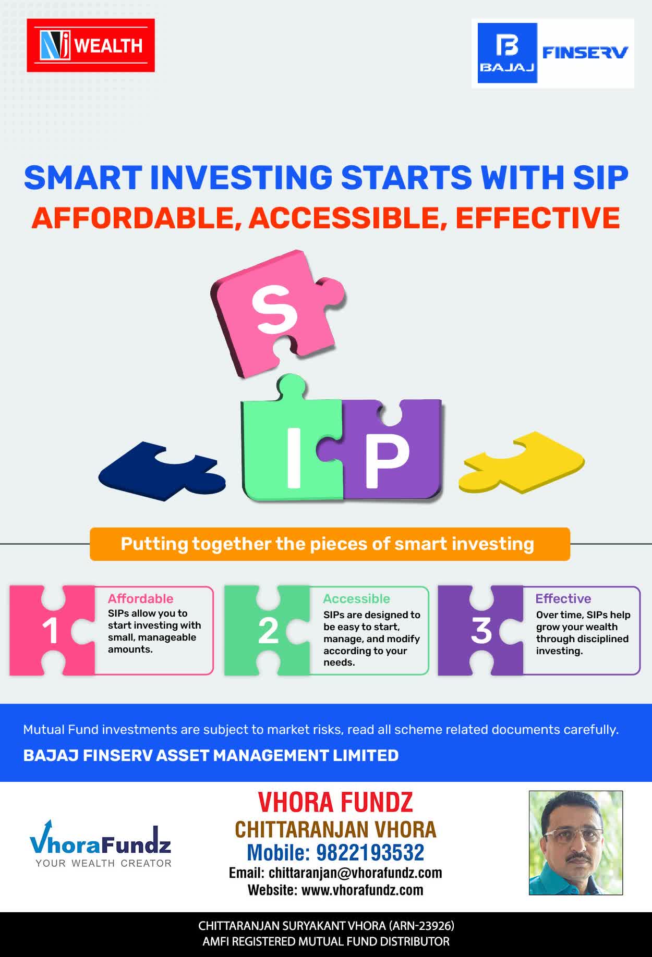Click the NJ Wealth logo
(x=91, y=45)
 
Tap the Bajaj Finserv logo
(x=553, y=53)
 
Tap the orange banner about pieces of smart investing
(x=330, y=544)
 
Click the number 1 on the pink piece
(x=50, y=631)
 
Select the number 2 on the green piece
(x=268, y=631)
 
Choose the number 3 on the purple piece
(x=481, y=631)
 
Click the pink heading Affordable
(x=140, y=598)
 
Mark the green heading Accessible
(x=356, y=598)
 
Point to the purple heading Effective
(x=563, y=598)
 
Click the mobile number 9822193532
(x=370, y=853)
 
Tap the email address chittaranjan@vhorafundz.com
(x=355, y=873)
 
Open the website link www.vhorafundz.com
(x=363, y=890)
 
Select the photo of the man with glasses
(x=576, y=843)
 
